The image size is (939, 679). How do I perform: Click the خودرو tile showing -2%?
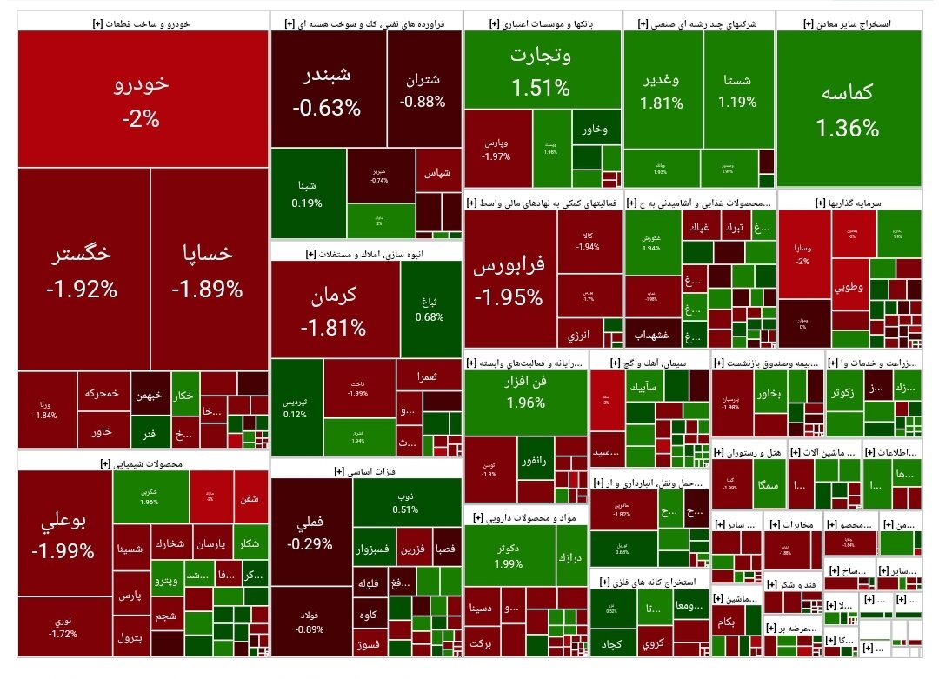tap(142, 99)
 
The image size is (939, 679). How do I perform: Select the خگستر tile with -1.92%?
tap(83, 270)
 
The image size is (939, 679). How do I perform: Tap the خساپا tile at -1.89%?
tap(208, 270)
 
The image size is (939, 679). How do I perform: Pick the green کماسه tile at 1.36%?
tap(848, 110)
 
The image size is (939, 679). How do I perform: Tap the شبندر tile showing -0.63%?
tap(327, 90)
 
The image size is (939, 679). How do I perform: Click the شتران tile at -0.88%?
tap(423, 90)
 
